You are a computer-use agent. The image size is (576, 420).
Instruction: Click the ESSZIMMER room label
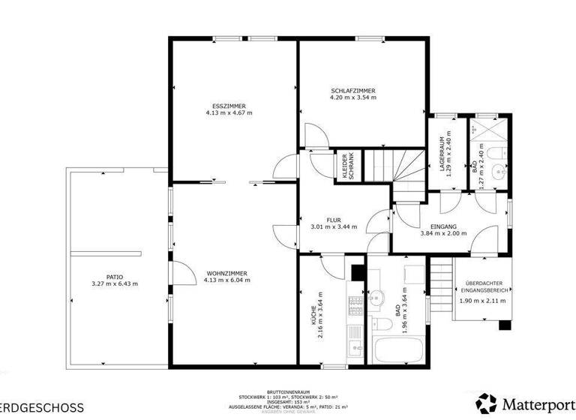[229, 106]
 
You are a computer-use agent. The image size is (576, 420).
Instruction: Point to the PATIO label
[114, 276]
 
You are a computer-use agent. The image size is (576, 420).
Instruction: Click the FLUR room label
[334, 220]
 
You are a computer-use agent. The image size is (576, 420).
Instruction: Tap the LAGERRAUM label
[443, 156]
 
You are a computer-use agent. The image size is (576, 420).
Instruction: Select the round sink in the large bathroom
[377, 294]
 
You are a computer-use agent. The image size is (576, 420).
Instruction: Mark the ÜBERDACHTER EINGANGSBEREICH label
[482, 287]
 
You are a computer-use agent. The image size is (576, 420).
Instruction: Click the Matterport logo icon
[486, 403]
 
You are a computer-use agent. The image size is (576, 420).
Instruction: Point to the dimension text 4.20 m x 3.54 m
[353, 97]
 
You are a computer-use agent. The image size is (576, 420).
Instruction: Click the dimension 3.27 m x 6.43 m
[114, 283]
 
